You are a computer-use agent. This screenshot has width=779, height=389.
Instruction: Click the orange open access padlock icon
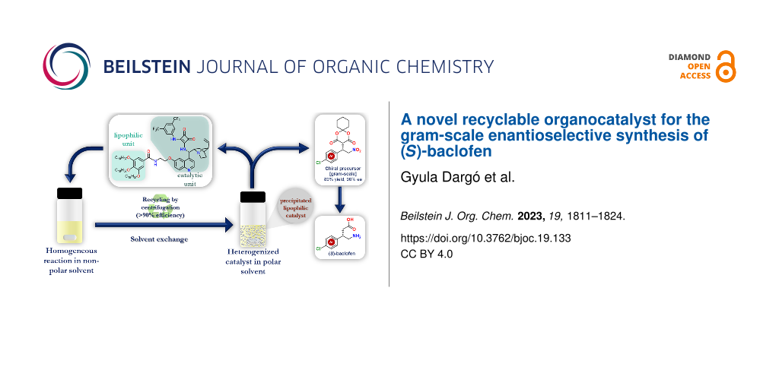(x=726, y=67)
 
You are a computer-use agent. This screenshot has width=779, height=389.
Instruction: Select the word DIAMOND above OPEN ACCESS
(x=689, y=57)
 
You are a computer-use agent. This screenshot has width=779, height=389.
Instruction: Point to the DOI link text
(x=485, y=238)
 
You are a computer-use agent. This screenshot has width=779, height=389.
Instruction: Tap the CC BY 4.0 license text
(x=427, y=254)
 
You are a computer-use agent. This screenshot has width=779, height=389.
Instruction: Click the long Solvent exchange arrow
(x=164, y=225)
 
